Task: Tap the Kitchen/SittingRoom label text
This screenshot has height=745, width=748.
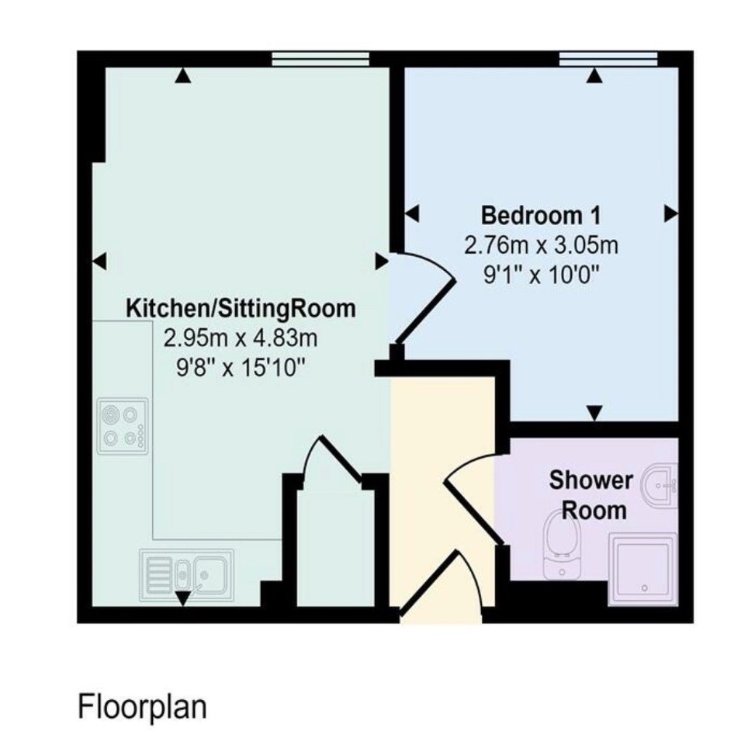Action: [241, 308]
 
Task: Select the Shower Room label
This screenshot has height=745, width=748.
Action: [591, 495]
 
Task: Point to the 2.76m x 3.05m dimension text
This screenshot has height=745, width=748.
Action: [541, 245]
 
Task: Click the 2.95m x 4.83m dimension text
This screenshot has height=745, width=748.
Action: [241, 339]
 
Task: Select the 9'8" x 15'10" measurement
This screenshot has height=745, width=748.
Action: [241, 368]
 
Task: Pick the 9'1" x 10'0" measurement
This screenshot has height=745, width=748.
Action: [541, 275]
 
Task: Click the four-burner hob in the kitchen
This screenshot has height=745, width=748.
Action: [123, 426]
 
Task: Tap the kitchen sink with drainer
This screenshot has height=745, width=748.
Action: [186, 575]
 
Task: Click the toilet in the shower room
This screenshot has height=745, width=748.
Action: [562, 544]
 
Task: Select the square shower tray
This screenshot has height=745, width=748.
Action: [642, 570]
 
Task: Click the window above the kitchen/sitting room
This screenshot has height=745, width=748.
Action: [320, 59]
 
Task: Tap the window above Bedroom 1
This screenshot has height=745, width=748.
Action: [608, 59]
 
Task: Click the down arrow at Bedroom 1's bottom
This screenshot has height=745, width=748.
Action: [594, 413]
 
